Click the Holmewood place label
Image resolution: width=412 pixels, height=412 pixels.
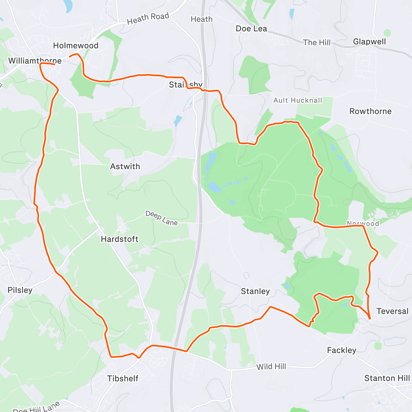76,46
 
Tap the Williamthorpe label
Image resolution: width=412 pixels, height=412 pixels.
35,61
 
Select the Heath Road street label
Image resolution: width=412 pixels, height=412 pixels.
148,19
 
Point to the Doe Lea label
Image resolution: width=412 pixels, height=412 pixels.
251,29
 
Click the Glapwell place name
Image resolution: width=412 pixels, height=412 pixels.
369,42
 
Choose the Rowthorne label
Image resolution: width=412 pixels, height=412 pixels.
370,111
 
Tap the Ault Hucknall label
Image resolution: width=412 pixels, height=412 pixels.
298,100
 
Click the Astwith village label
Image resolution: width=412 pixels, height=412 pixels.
125,167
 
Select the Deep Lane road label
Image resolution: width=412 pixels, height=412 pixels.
161,218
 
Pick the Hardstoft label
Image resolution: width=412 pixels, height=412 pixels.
119,239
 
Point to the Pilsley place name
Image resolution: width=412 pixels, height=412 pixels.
20,290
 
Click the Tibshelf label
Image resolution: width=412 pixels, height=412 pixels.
123,378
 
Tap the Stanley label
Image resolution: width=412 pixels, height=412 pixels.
255,291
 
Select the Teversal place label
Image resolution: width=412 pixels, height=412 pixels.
392,311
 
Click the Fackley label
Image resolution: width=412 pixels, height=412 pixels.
342,350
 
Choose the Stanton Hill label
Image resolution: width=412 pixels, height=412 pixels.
387,378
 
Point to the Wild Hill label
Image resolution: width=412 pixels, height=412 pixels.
271,367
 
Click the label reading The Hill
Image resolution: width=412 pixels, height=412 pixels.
317,43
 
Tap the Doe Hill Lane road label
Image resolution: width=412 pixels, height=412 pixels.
36,407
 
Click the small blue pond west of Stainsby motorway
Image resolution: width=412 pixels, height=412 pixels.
178,121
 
